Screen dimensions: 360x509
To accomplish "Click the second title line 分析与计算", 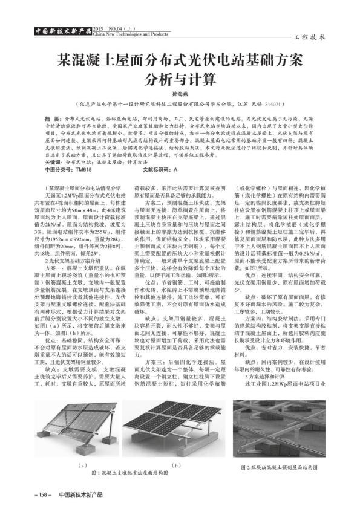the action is point(179,80).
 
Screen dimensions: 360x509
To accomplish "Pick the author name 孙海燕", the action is point(179,96).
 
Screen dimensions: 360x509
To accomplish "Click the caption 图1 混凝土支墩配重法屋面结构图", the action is point(129,472).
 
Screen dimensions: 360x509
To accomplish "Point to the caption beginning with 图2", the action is point(279,467).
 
